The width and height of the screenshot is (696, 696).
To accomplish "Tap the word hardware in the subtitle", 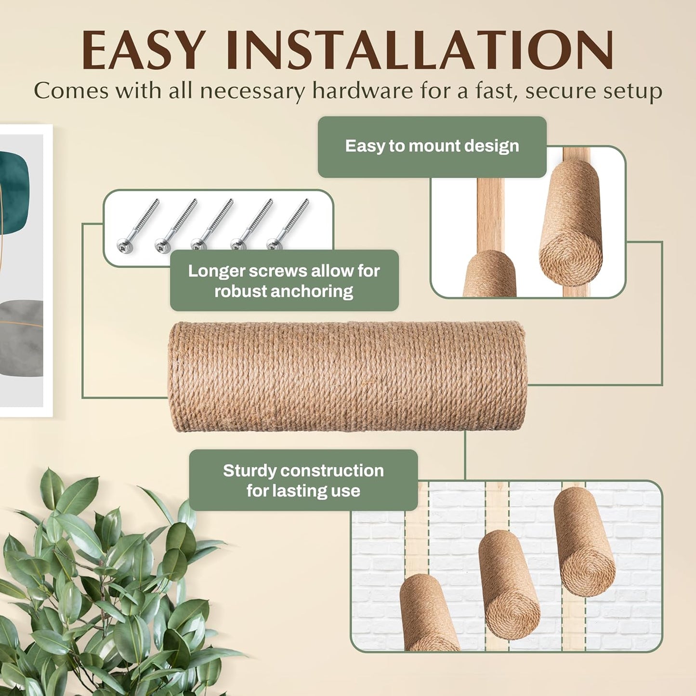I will point(363,90).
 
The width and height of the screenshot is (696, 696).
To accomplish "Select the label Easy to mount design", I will point(432,146).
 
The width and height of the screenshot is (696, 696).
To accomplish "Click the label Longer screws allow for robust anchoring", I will point(284,281).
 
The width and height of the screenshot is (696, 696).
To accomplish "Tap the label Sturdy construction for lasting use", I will point(303,480).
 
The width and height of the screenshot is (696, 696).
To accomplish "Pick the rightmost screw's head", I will point(273,245).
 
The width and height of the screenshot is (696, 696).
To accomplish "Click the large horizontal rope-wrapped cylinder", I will point(347,377).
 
